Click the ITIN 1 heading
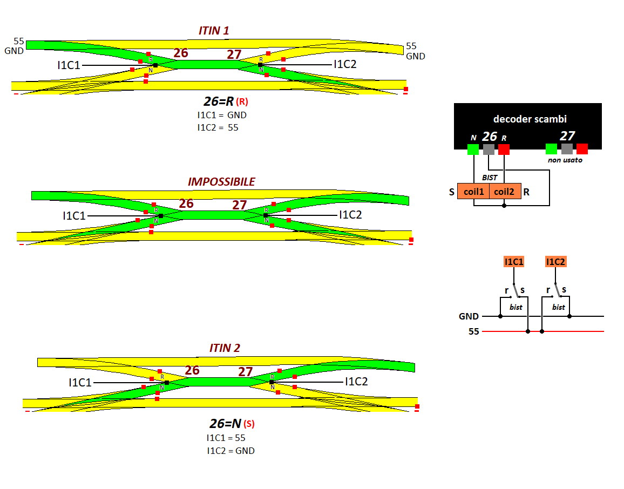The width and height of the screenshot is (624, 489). pyautogui.click(x=214, y=31)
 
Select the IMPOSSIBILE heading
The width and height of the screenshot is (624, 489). pyautogui.click(x=221, y=182)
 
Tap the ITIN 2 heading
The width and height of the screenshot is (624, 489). pyautogui.click(x=225, y=348)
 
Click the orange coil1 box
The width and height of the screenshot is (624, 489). pyautogui.click(x=473, y=192)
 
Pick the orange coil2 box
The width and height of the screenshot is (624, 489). pyautogui.click(x=505, y=192)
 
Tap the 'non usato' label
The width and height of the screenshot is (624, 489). pyautogui.click(x=566, y=160)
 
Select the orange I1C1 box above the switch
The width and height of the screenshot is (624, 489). pyautogui.click(x=513, y=262)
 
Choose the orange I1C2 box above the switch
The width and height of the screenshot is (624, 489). pyautogui.click(x=555, y=262)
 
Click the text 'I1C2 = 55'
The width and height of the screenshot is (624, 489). pyautogui.click(x=218, y=127)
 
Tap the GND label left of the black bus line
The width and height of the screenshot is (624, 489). pyautogui.click(x=469, y=316)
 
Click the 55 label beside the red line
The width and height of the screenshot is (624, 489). pyautogui.click(x=473, y=331)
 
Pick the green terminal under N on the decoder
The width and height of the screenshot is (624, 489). pyautogui.click(x=473, y=150)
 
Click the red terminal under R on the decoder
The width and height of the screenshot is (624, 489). pyautogui.click(x=504, y=150)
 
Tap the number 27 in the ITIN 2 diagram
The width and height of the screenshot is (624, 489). pyautogui.click(x=245, y=372)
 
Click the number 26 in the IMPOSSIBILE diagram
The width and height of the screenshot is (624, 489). pyautogui.click(x=186, y=203)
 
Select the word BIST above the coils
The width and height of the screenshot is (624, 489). pyautogui.click(x=490, y=177)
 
